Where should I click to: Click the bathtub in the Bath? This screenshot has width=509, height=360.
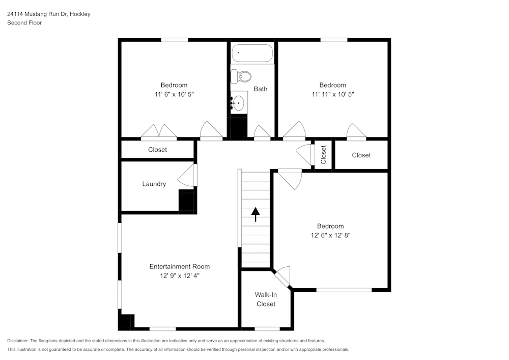252,53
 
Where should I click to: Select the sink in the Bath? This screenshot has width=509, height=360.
238,103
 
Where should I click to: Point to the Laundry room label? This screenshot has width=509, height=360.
154,184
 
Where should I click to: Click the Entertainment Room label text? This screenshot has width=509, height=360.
179,266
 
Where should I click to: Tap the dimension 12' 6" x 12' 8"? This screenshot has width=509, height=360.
330,235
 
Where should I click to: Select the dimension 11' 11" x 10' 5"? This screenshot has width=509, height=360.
332,94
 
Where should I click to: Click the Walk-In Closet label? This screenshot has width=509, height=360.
266,299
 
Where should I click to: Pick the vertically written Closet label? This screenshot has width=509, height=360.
323,155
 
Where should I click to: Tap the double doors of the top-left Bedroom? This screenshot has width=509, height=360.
159,132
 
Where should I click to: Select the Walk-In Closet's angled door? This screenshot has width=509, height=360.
282,276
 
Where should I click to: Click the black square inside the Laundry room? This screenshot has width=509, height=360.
186,200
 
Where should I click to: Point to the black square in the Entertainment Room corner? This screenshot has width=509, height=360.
126,322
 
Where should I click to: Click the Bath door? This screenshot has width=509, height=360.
262,133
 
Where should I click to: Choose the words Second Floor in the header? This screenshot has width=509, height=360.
24,23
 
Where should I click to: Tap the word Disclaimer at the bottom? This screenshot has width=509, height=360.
18,341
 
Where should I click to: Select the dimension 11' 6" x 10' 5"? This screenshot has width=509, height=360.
175,94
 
